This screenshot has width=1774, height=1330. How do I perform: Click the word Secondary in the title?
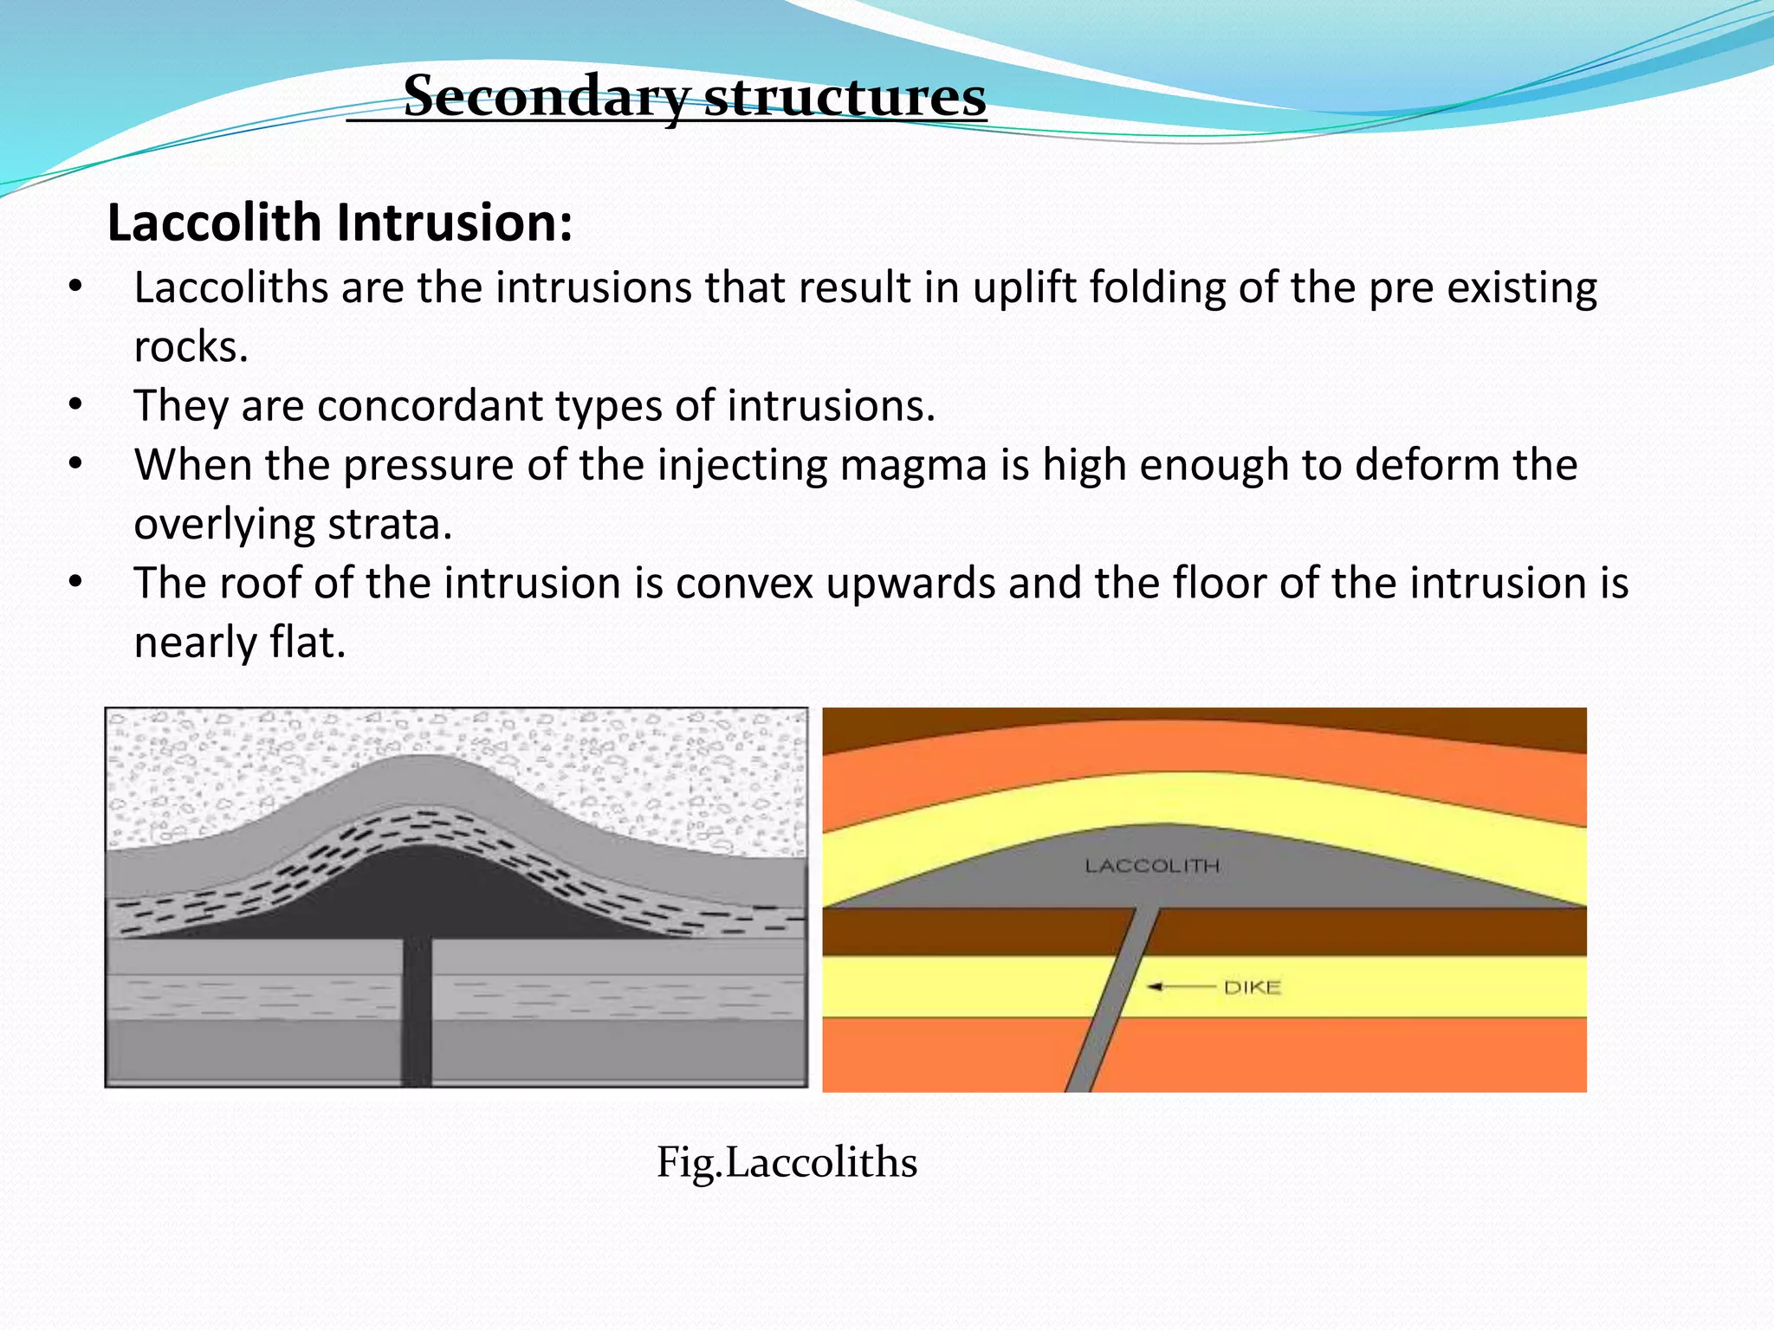tap(546, 97)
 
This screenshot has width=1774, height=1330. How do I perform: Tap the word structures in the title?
tap(845, 97)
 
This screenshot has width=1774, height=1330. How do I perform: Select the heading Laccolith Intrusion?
tap(340, 223)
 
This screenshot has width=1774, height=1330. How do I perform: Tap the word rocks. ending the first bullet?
tap(191, 347)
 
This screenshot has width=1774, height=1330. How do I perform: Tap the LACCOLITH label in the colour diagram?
tap(1152, 866)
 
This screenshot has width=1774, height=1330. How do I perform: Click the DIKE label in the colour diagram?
tap(1252, 987)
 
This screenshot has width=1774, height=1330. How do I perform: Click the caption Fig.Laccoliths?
tap(787, 1162)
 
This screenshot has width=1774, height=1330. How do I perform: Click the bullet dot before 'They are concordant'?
tap(76, 404)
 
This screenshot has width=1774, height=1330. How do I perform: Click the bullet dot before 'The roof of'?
tap(76, 582)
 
